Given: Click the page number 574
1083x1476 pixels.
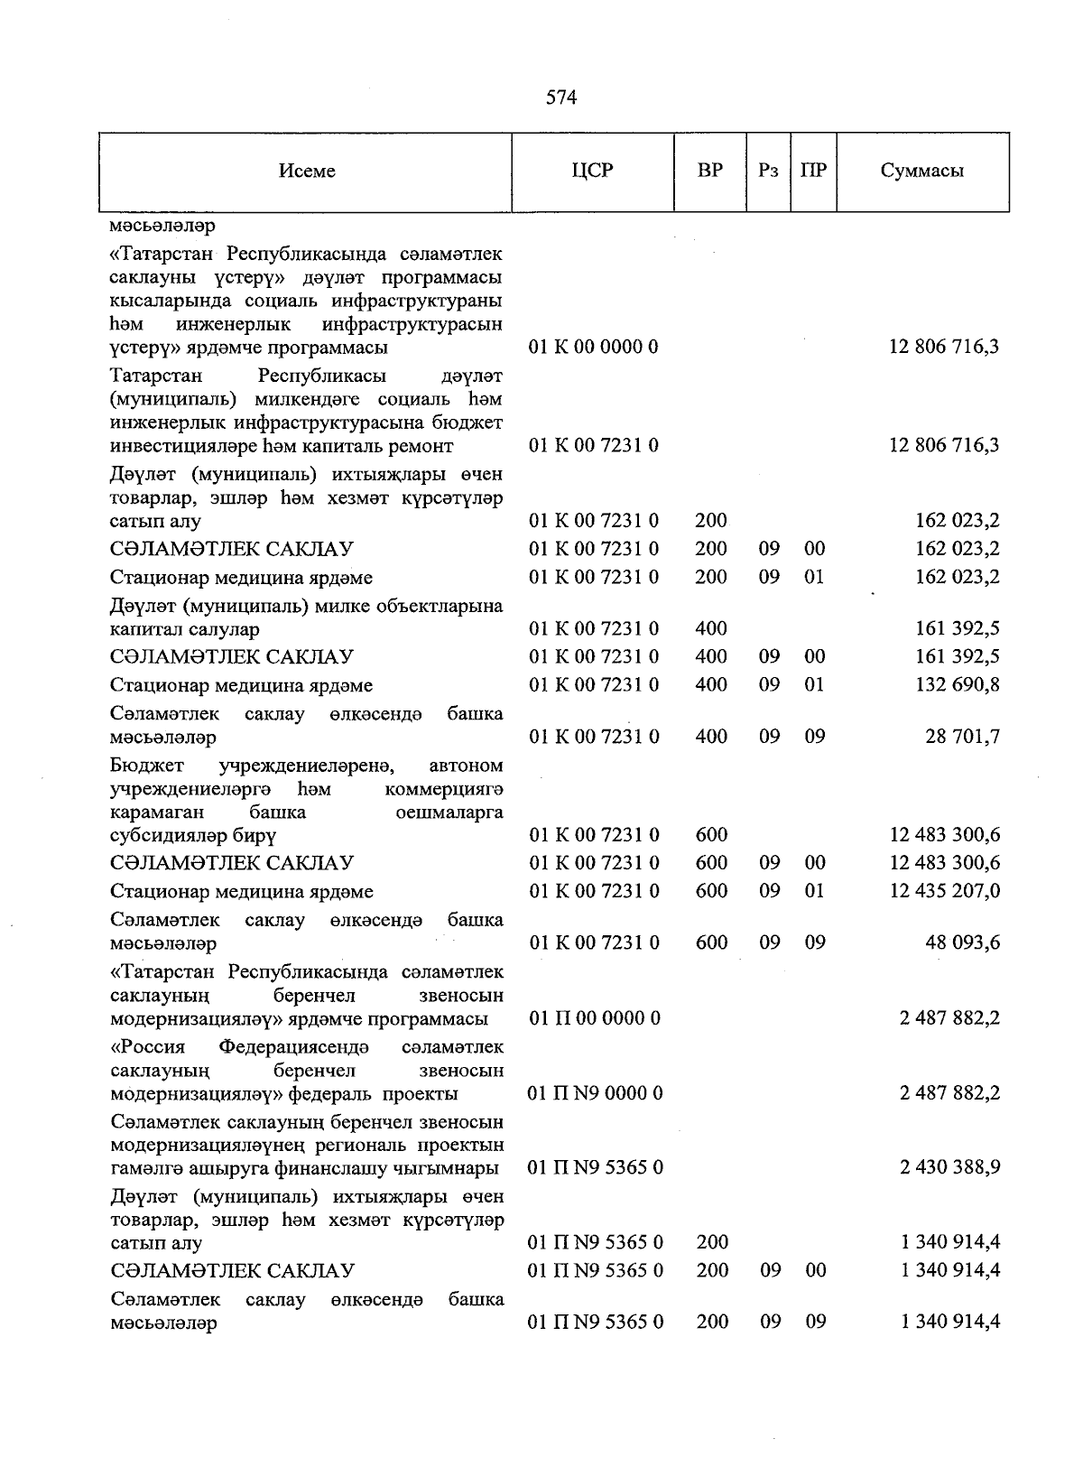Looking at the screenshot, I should (560, 97).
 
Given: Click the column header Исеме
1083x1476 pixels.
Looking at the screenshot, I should (306, 171).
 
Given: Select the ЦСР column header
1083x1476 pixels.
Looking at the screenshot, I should (592, 171).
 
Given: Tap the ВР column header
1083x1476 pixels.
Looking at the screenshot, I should (709, 171).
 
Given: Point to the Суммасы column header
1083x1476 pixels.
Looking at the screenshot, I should (921, 171).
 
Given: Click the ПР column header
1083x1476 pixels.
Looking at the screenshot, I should (813, 171).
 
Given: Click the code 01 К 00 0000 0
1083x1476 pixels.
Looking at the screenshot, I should (593, 347).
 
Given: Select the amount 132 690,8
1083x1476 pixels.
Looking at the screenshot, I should (957, 684).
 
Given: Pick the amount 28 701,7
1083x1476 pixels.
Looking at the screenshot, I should (962, 737).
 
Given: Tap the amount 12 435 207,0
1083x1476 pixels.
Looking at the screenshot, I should (944, 891).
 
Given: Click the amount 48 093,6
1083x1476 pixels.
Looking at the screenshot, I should (962, 942).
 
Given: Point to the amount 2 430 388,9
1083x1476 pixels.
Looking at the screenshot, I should (949, 1167).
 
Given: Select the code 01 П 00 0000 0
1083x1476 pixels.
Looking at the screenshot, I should (595, 1018).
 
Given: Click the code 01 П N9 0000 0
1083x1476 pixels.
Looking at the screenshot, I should (595, 1093).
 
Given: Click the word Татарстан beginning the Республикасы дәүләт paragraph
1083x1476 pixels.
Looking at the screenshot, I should (156, 376).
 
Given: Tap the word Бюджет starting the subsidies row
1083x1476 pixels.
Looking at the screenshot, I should (146, 766).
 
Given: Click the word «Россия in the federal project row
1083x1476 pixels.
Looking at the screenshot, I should (147, 1047).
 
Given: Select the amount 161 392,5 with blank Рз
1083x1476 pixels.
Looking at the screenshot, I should (957, 628).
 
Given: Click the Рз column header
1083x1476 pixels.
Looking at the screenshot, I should (768, 171).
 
